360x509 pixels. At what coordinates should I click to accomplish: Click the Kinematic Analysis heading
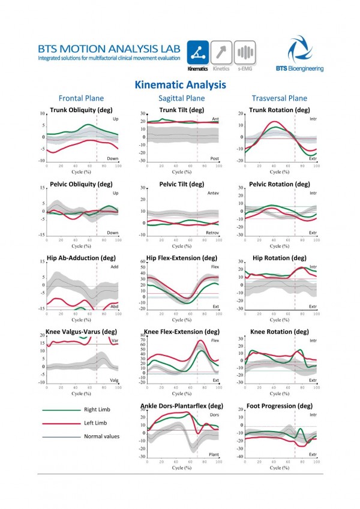(x=180, y=85)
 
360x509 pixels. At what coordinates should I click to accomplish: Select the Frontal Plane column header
(x=81, y=98)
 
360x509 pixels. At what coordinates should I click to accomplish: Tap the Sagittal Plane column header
(x=181, y=98)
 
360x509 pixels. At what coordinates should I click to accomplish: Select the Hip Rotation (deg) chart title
(x=280, y=258)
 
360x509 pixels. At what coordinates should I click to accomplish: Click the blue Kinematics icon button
(x=198, y=52)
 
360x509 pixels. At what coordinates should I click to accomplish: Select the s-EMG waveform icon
(x=245, y=52)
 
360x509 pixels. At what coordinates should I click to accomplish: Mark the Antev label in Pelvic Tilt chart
(x=212, y=194)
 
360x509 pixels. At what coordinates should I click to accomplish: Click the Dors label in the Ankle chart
(x=213, y=415)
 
